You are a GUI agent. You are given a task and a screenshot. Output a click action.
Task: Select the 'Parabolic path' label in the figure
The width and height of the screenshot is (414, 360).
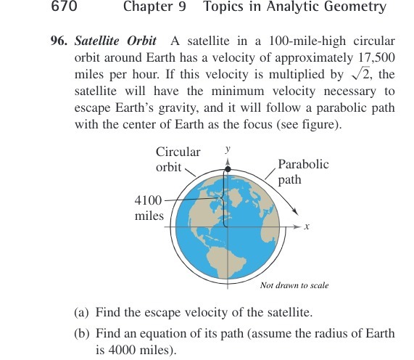coord(303,171)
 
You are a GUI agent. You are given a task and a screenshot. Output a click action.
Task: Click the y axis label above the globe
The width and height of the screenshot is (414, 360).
coord(228,148)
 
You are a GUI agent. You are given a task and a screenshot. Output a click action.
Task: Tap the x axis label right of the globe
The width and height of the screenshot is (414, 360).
coord(307,227)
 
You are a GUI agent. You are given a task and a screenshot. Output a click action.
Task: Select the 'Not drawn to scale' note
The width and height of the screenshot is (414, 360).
coord(294,285)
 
